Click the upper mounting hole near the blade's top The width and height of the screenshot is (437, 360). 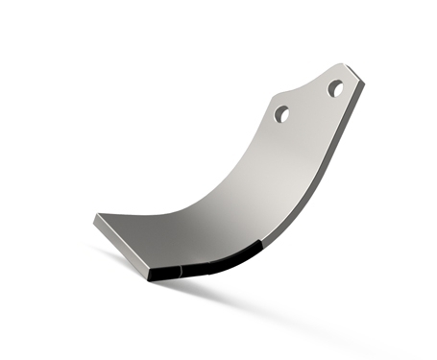(335, 88)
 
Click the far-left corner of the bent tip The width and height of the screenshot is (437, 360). (95, 219)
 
